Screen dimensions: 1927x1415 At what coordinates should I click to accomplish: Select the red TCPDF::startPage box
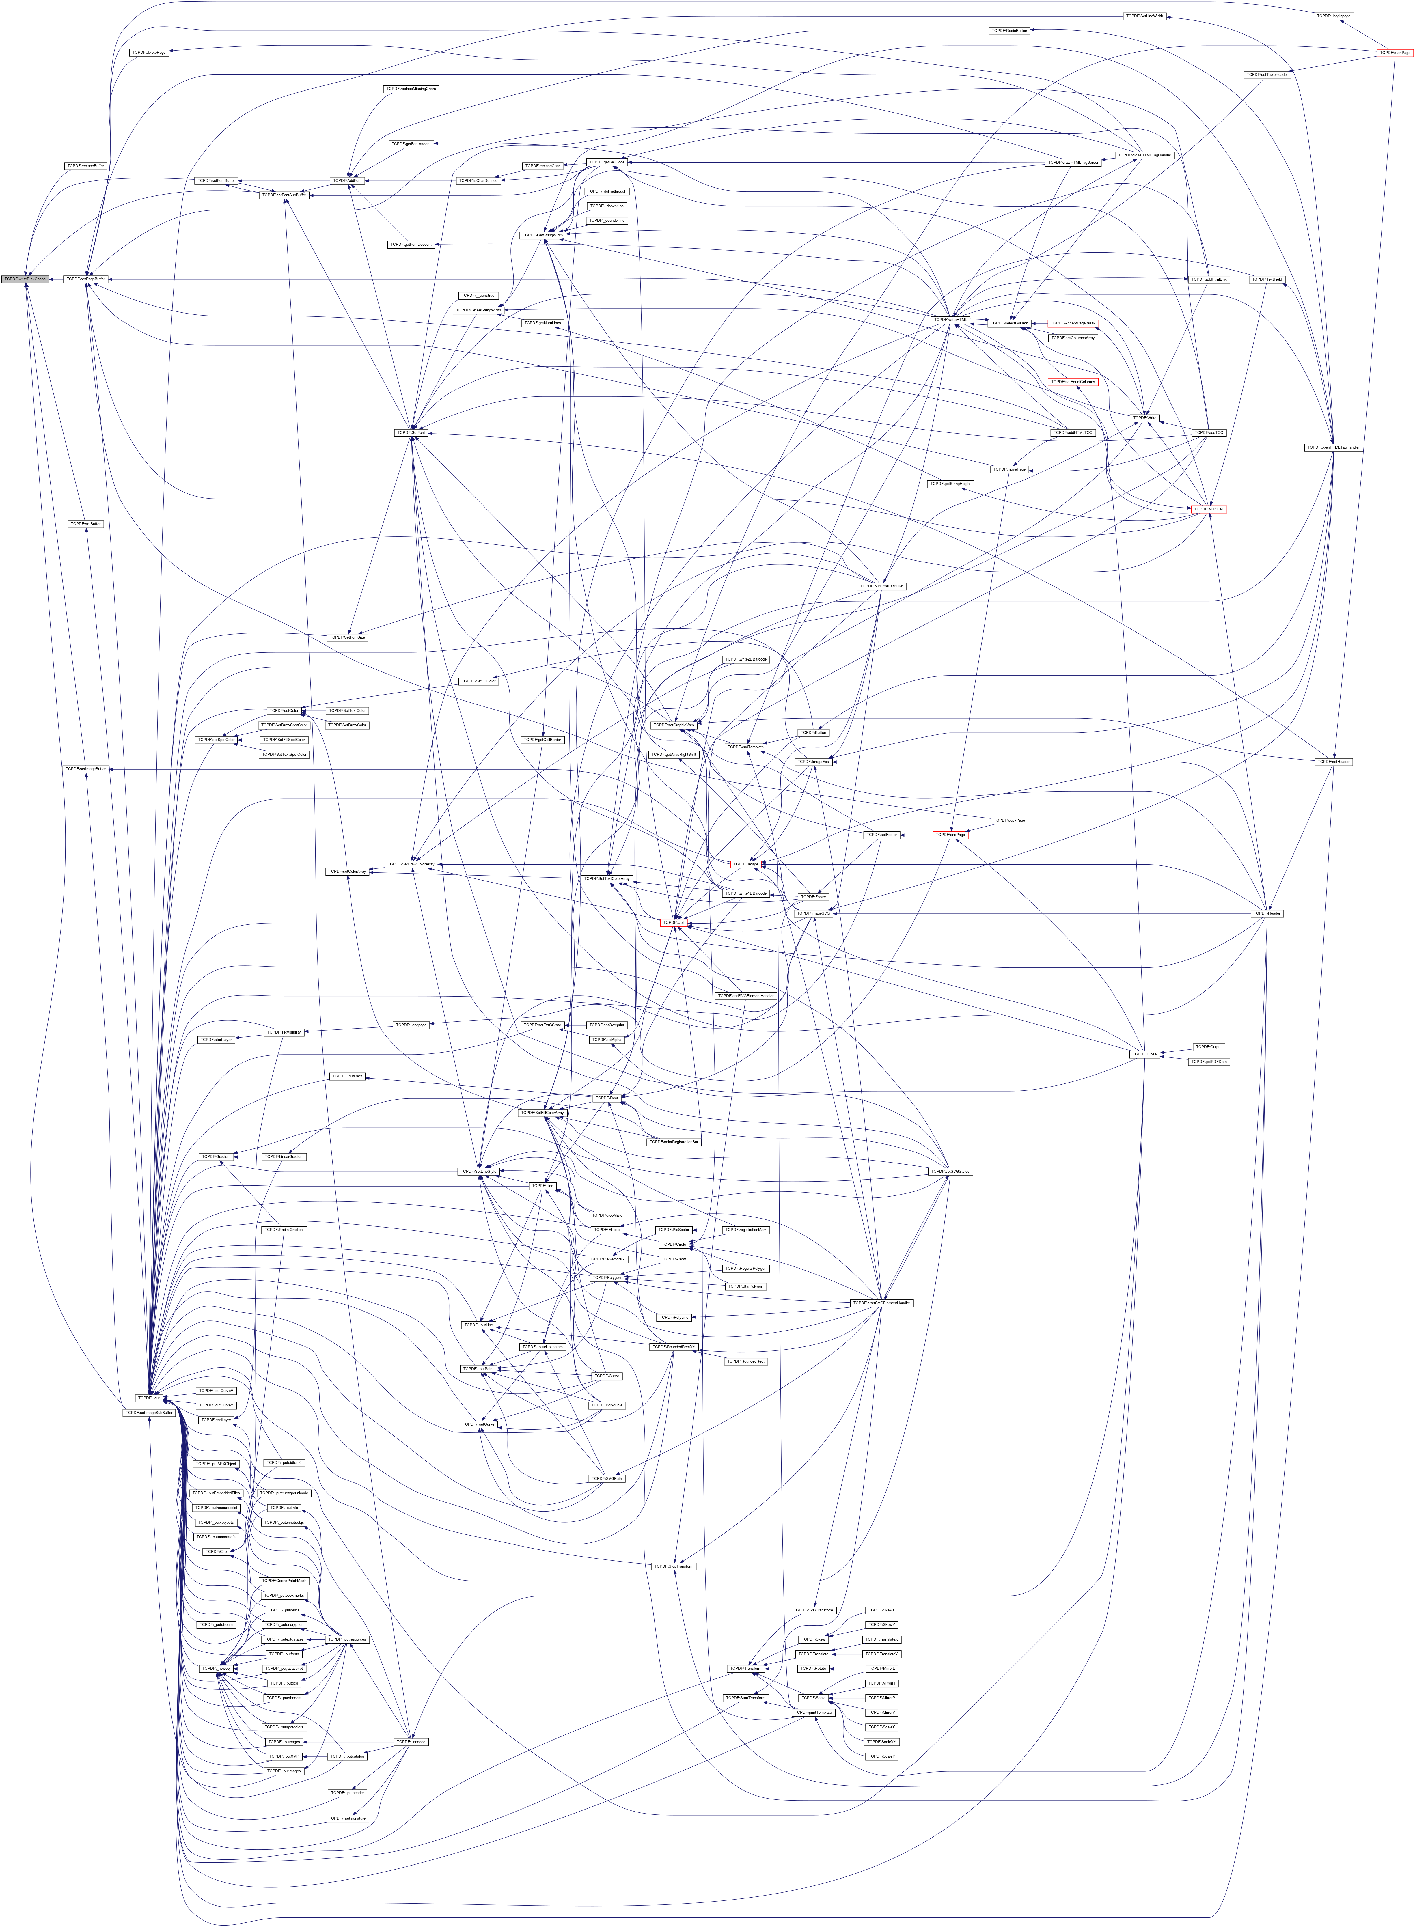(1394, 53)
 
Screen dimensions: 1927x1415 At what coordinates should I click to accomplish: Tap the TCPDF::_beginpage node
(1334, 16)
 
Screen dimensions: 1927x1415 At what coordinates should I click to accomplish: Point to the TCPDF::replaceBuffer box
(86, 165)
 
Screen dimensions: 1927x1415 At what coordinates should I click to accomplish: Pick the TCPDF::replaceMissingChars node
(411, 89)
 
